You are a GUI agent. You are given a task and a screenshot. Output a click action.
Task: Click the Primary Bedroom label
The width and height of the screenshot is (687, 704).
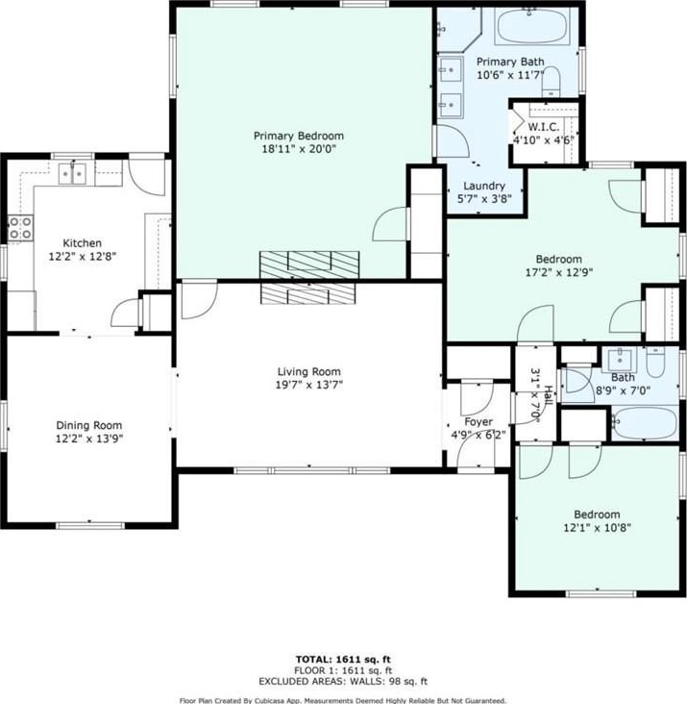tap(299, 136)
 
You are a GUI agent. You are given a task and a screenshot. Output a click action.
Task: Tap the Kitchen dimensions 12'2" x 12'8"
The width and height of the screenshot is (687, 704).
tap(83, 257)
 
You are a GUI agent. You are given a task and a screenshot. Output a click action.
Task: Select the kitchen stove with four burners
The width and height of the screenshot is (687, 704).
tap(20, 228)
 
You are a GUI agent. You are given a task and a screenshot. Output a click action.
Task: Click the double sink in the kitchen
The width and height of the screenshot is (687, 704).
tap(73, 173)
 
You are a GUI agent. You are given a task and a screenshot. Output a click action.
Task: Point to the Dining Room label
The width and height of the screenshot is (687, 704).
tap(88, 425)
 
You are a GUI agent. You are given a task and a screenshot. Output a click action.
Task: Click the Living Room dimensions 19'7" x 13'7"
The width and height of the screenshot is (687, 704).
tap(309, 385)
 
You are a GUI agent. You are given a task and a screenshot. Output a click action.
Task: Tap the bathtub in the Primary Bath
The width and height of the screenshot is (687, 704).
tap(532, 26)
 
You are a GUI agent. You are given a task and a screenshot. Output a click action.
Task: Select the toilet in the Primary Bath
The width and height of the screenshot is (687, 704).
tap(551, 81)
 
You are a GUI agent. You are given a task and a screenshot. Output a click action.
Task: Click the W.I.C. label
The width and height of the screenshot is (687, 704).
tap(544, 127)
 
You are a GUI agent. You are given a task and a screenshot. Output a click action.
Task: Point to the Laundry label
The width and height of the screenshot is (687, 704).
tap(484, 186)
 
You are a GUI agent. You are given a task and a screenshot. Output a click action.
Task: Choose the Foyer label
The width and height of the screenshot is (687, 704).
tap(478, 421)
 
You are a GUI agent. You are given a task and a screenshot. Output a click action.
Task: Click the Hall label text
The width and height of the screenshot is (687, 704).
tap(549, 395)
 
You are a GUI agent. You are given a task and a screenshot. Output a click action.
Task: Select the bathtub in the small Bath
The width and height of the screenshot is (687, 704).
tap(645, 422)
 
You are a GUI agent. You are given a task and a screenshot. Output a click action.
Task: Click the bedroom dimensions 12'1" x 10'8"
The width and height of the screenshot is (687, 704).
tap(598, 528)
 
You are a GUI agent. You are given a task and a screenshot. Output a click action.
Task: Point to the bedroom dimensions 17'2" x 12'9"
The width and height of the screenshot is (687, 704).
tap(559, 272)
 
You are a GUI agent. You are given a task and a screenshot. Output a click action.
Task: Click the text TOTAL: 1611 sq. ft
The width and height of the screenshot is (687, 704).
tap(343, 660)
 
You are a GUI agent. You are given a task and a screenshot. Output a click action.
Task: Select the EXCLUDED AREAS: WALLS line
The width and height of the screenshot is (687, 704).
tap(343, 682)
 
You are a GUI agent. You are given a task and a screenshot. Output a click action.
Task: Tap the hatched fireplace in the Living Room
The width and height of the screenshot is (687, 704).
tap(307, 293)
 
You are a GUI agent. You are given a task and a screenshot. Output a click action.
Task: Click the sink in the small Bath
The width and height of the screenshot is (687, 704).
tap(621, 358)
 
